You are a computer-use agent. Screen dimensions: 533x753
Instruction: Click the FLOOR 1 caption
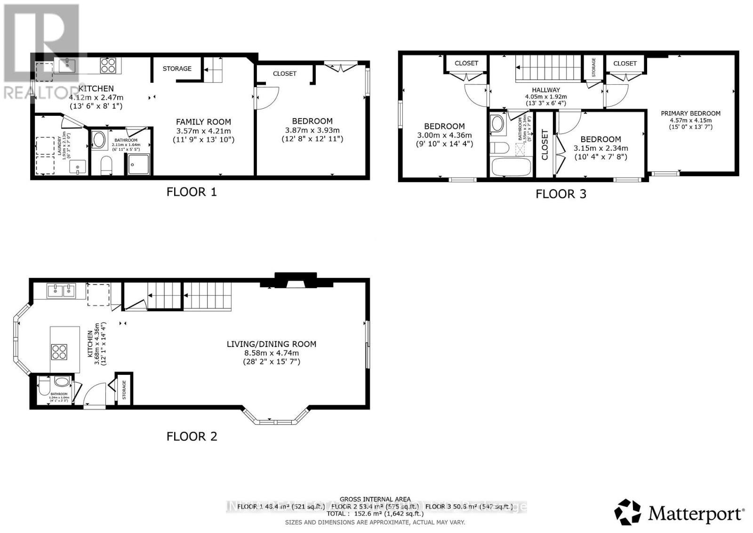192,192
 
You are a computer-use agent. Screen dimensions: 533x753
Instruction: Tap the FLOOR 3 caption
561,194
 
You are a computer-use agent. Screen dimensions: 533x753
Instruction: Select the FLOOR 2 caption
192,436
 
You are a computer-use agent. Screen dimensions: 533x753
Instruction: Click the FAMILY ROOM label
203,122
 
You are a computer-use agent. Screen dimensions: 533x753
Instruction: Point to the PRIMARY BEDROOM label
690,113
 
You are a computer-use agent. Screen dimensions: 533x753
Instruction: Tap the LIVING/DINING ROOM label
272,344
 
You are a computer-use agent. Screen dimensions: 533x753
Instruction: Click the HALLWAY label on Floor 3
546,90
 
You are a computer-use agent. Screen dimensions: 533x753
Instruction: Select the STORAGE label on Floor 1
177,69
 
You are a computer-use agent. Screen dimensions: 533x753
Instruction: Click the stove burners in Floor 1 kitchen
108,65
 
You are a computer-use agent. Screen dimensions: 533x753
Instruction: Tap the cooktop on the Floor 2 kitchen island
59,352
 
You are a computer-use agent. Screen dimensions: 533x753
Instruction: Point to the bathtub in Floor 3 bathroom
511,167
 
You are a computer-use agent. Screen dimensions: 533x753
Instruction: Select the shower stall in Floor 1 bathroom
138,164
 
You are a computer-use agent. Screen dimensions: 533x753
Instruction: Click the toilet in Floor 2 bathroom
44,388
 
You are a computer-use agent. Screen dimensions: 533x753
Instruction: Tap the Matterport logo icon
628,512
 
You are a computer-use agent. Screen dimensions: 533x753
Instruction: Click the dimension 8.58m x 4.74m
271,353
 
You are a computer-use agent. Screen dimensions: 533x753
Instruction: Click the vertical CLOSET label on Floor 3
545,145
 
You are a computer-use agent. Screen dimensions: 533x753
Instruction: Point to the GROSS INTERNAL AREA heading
375,499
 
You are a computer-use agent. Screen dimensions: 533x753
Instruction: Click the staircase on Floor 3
548,69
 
